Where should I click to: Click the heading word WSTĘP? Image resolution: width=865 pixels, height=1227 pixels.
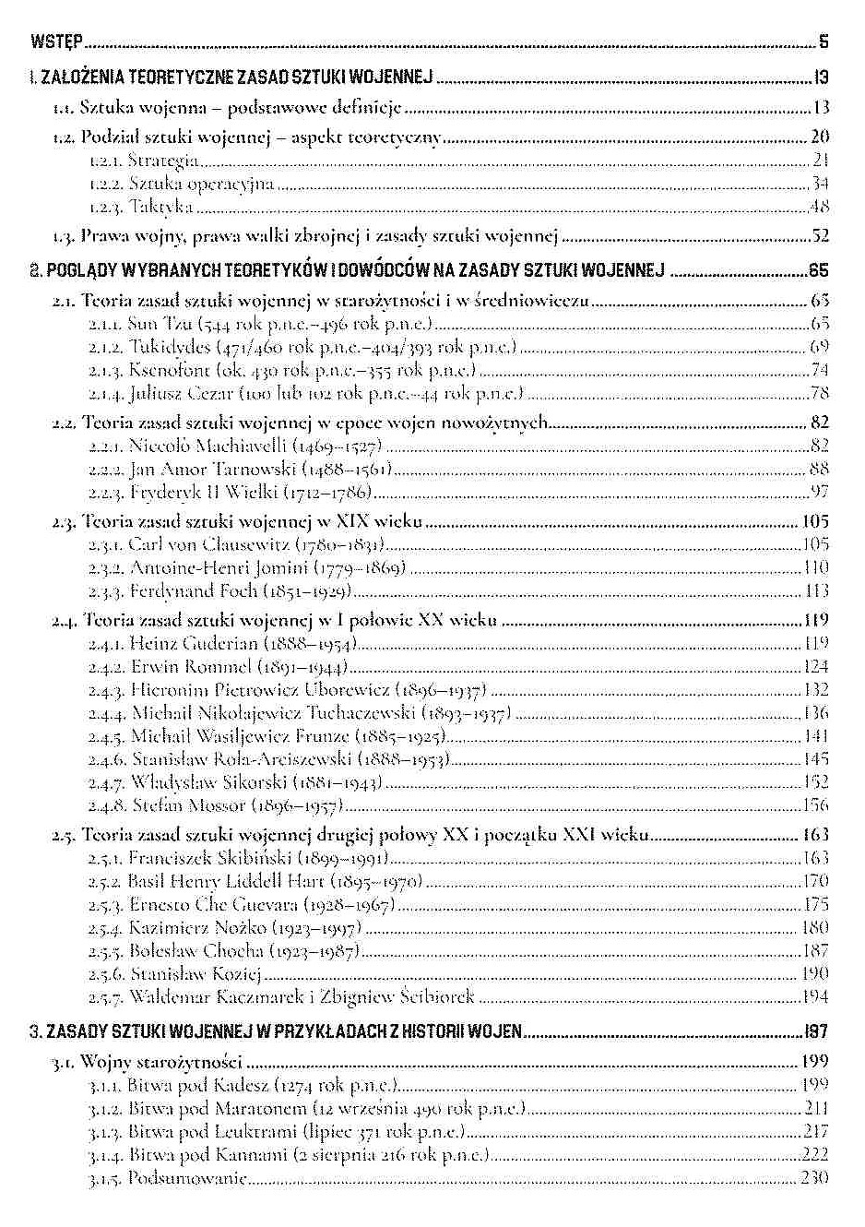point(56,42)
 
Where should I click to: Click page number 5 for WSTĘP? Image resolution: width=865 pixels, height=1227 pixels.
point(823,42)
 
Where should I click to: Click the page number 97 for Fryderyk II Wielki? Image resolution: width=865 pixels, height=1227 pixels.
point(819,492)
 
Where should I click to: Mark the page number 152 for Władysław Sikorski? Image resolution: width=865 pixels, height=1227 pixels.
point(816,781)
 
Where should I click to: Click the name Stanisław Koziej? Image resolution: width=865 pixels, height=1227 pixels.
point(196,973)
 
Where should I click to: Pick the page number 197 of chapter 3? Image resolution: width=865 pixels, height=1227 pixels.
point(815,1030)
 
